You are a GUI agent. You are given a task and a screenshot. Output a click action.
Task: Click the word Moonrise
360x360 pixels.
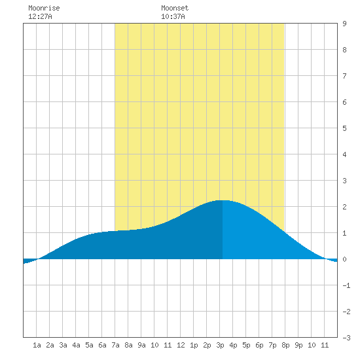click(44, 8)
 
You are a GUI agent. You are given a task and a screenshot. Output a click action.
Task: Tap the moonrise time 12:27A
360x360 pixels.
click(40, 16)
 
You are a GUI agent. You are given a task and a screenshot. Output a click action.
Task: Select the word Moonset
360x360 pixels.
click(175, 8)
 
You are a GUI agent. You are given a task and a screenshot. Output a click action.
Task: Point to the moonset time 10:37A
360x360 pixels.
click(173, 16)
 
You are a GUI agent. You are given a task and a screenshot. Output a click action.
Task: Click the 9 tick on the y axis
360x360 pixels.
click(344, 24)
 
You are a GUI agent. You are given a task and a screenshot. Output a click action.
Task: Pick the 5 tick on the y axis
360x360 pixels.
click(344, 128)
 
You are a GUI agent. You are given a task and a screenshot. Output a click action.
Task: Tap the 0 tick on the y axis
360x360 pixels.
click(344, 259)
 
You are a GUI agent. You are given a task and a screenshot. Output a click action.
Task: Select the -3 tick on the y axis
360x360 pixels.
click(346, 338)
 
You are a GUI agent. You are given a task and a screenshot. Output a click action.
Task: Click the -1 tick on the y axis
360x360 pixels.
click(346, 285)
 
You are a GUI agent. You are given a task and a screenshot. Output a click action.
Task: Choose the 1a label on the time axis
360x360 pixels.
click(37, 345)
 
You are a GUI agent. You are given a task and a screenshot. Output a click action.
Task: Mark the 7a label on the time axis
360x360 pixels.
click(115, 345)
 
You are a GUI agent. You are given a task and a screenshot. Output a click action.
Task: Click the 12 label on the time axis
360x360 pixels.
click(181, 345)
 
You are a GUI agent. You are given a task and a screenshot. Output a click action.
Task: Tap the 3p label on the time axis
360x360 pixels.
click(220, 345)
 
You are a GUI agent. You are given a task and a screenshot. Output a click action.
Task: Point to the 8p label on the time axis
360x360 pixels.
click(285, 345)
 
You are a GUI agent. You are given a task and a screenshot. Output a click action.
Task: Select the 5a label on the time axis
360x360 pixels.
click(89, 345)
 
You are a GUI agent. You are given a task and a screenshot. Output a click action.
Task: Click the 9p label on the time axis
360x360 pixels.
click(298, 345)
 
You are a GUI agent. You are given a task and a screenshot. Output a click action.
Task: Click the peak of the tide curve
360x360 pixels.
click(223, 200)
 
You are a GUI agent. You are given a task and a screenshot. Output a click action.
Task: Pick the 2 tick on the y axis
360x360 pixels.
click(344, 207)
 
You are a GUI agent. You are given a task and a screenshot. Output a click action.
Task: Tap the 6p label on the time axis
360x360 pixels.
click(259, 345)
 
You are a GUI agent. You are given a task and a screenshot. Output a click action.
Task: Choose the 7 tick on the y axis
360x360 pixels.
click(344, 76)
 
